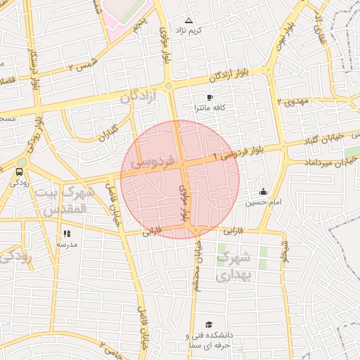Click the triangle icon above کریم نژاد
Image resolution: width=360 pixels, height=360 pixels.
tap(188, 20)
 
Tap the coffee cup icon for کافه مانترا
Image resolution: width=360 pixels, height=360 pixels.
tap(209, 97)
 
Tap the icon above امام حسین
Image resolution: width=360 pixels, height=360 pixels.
tap(263, 191)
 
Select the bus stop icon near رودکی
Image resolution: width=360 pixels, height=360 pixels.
tap(18, 170)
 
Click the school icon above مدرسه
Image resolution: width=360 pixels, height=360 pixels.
tap(67, 233)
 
